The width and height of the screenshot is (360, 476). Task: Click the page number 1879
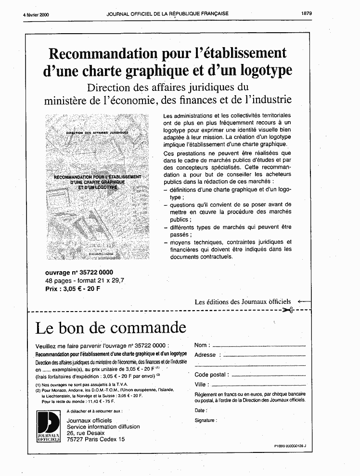click(x=307, y=13)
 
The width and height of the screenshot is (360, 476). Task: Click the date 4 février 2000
click(x=36, y=14)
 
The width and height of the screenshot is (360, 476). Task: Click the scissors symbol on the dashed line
click(x=288, y=310)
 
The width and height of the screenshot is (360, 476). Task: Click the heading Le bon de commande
click(x=111, y=328)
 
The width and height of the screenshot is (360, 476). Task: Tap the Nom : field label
click(x=202, y=345)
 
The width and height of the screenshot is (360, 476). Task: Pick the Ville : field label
click(x=202, y=385)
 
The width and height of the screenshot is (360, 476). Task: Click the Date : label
click(x=201, y=411)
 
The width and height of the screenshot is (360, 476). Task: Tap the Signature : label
click(x=206, y=420)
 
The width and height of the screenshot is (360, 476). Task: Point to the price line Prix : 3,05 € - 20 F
click(x=73, y=289)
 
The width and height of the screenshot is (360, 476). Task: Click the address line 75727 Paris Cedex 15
click(x=95, y=439)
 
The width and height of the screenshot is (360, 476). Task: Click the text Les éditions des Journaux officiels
click(x=243, y=302)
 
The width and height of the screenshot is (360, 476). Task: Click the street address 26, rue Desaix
click(x=85, y=433)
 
